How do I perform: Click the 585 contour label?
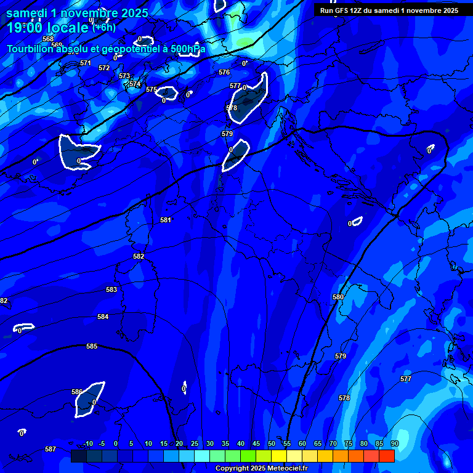coord(92,347)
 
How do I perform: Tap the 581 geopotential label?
coord(166,220)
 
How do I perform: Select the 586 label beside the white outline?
coord(77,392)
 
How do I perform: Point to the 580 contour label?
coord(338,297)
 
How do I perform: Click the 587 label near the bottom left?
coord(51,450)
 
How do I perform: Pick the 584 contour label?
coord(103,317)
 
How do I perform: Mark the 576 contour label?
coord(224,73)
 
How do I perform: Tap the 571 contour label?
coord(86,63)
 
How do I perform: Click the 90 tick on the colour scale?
coord(394,444)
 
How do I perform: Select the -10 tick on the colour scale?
coord(87,444)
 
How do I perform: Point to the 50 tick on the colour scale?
coord(271,444)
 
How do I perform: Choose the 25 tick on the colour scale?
coord(195,444)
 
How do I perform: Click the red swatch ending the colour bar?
coord(386,456)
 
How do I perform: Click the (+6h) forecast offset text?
coord(104,27)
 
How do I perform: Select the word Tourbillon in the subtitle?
coord(31,49)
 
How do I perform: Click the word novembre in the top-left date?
coord(84,12)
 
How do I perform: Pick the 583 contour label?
coord(111,290)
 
